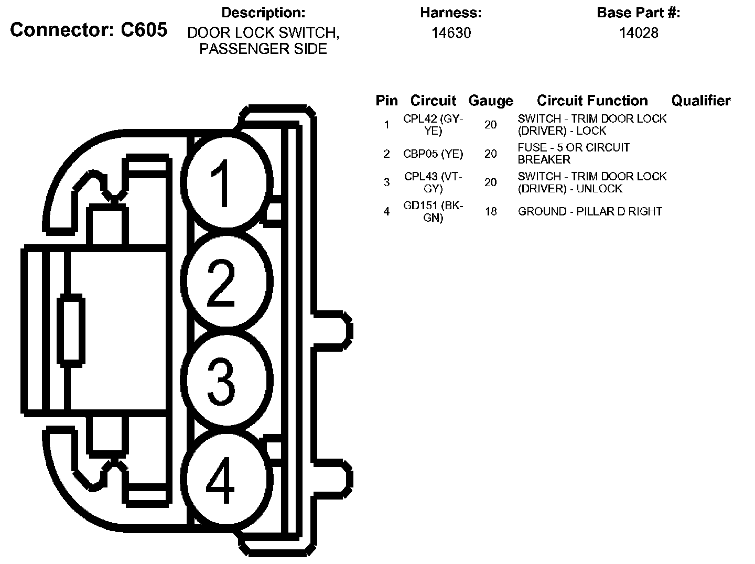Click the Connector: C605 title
pos(89,30)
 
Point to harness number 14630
pos(451,33)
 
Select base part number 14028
pos(638,33)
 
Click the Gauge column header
pos(490,101)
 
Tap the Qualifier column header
pos(700,101)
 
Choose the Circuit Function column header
pos(592,101)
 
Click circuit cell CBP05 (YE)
pos(433,154)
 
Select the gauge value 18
pos(490,212)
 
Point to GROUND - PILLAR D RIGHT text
pos(590,212)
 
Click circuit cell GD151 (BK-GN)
pos(433,212)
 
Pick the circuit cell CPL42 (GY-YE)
pos(433,125)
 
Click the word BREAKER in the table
pos(544,160)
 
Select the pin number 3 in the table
pos(386,182)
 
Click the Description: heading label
pos(263,13)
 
